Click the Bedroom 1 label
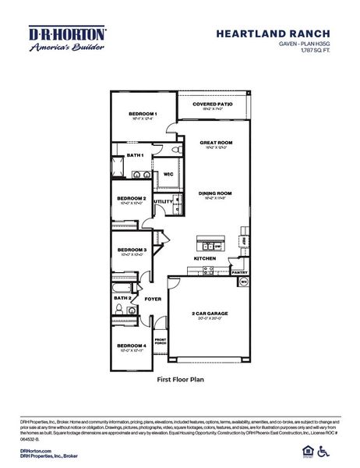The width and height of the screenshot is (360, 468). point(143,114)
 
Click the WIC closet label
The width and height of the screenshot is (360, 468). point(168,174)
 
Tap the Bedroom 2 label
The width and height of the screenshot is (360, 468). point(132,198)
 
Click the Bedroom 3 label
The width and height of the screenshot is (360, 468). point(132,250)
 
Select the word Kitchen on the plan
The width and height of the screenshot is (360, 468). point(204,258)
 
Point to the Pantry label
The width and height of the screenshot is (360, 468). point(238,272)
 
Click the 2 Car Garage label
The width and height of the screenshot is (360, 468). point(210,314)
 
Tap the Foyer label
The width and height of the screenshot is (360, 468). point(153,299)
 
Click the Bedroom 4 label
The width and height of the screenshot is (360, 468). point(132,346)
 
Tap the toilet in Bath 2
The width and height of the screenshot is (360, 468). point(117,310)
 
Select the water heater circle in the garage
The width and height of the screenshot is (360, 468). point(242,282)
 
